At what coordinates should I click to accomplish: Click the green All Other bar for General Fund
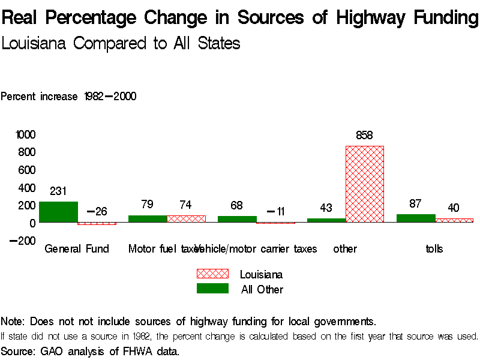pyautogui.click(x=58, y=212)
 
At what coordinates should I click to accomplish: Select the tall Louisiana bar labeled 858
pyautogui.click(x=364, y=184)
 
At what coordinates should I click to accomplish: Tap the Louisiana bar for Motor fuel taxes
pyautogui.click(x=186, y=219)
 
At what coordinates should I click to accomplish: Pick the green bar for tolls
pyautogui.click(x=416, y=218)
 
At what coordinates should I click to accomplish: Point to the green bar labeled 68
pyautogui.click(x=237, y=219)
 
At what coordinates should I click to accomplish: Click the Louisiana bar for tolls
pyautogui.click(x=454, y=220)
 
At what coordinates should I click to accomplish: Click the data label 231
pyautogui.click(x=58, y=191)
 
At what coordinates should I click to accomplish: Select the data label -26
pyautogui.click(x=97, y=211)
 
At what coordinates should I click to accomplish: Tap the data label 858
pyautogui.click(x=364, y=136)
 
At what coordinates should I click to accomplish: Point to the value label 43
pyautogui.click(x=326, y=208)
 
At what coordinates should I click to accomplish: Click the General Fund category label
pyautogui.click(x=77, y=248)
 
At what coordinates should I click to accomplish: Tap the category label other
pyautogui.click(x=345, y=248)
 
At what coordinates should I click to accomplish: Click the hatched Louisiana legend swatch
pyautogui.click(x=212, y=274)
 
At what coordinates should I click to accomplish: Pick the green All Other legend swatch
pyautogui.click(x=212, y=289)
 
